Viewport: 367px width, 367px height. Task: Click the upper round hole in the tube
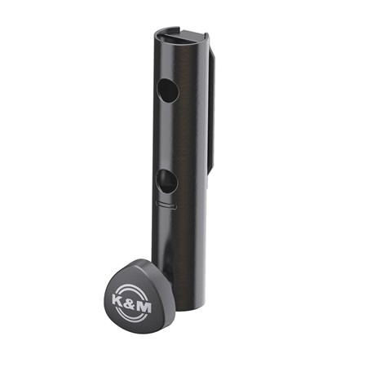pyautogui.click(x=168, y=91)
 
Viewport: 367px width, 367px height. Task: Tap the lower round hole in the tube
pyautogui.click(x=167, y=181)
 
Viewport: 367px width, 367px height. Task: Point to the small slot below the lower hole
pyautogui.click(x=166, y=205)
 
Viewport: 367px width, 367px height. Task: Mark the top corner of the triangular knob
pyautogui.click(x=142, y=259)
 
